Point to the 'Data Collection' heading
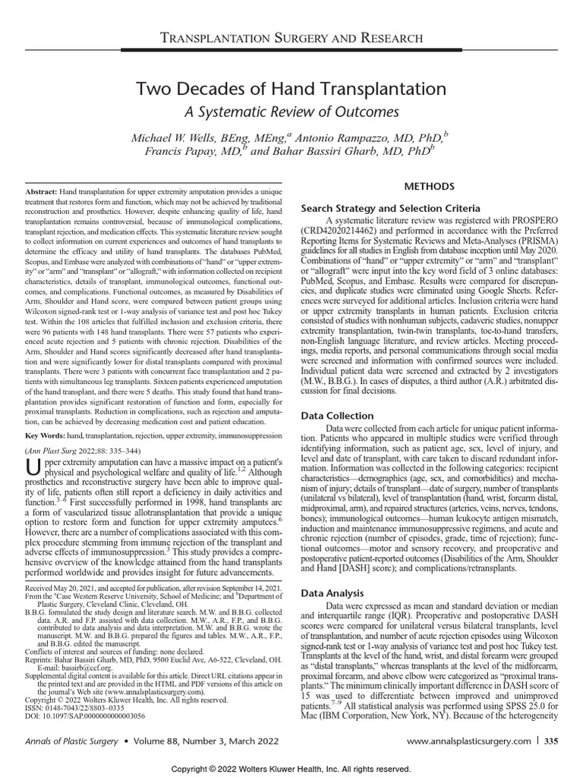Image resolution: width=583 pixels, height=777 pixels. tap(338, 416)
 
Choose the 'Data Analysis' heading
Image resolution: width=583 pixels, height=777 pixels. tap(333, 593)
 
